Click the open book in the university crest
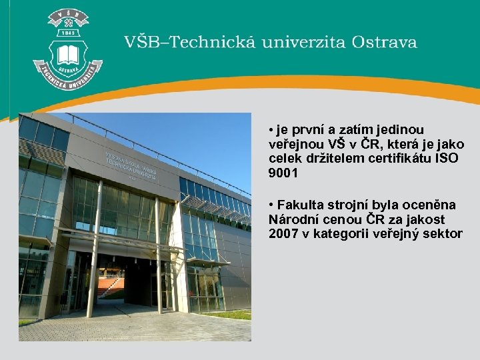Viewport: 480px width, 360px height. coord(68,54)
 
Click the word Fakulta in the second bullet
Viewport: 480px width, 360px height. coord(299,204)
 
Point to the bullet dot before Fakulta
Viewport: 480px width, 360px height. coord(271,204)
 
